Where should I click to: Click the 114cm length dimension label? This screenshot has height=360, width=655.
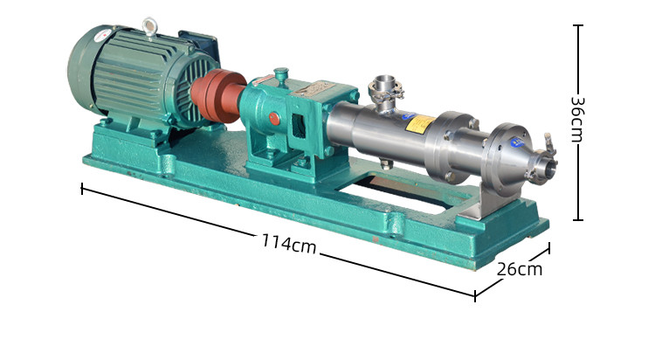[289, 244]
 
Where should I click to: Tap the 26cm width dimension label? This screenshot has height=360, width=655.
[520, 269]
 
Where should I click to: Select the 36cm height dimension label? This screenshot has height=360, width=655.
[577, 121]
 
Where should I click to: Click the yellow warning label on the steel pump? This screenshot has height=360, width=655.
[420, 125]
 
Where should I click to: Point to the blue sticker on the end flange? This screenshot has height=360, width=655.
[517, 142]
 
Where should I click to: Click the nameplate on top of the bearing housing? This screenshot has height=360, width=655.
[314, 89]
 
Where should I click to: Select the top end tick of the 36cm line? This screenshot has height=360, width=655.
[577, 25]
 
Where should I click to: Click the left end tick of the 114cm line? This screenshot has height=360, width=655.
[82, 188]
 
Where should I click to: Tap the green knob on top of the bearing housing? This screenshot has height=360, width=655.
[281, 75]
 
